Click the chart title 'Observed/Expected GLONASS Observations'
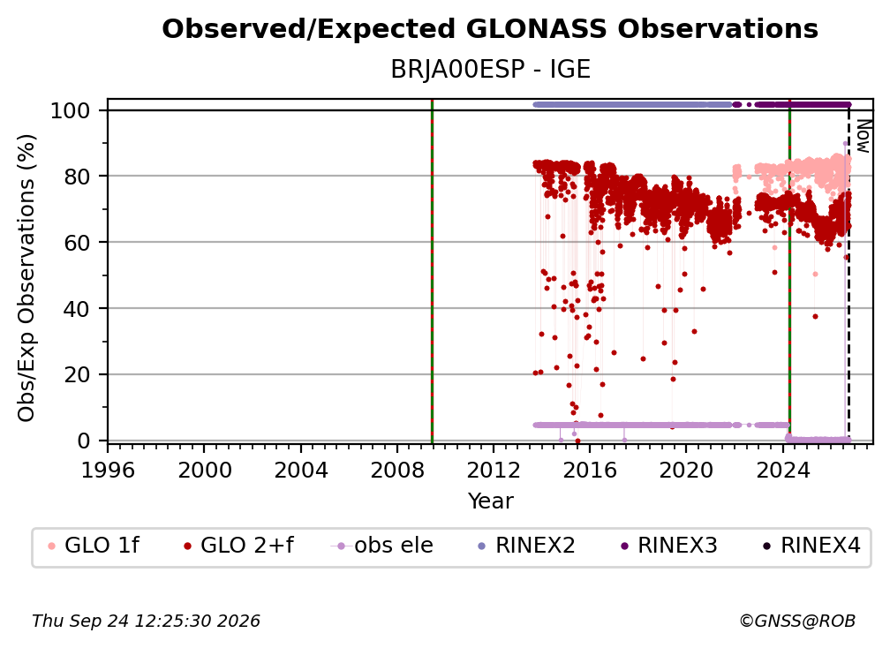click(x=490, y=29)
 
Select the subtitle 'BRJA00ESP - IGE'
click(x=490, y=70)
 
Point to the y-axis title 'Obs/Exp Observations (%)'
click(x=26, y=278)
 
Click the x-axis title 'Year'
click(x=490, y=501)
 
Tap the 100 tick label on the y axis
click(x=71, y=110)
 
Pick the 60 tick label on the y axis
click(x=77, y=243)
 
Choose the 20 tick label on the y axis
click(x=77, y=375)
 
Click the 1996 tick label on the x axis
click(x=108, y=471)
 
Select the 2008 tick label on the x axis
click(x=397, y=471)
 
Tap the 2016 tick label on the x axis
click(x=590, y=471)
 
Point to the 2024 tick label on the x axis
click(x=782, y=471)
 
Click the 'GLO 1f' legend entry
click(x=94, y=546)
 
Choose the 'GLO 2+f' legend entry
click(x=238, y=546)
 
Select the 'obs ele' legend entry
click(x=382, y=546)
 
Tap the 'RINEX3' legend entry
click(x=668, y=546)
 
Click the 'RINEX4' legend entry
click(x=811, y=546)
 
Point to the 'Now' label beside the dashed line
click(x=863, y=136)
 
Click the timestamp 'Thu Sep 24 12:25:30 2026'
click(x=146, y=622)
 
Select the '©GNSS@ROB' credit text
click(x=797, y=622)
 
